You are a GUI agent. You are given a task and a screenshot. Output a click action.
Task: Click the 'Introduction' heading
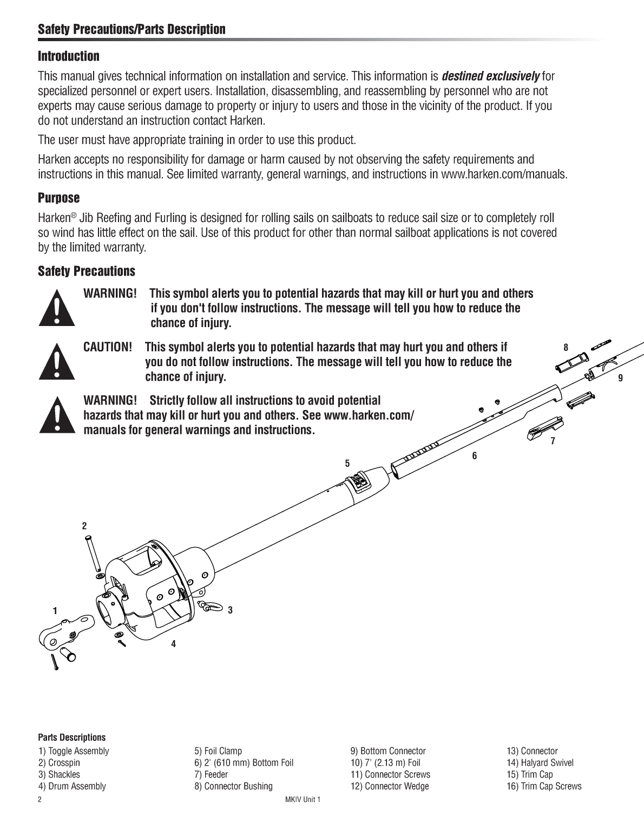69,56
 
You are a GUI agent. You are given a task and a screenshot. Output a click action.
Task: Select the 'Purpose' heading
58,198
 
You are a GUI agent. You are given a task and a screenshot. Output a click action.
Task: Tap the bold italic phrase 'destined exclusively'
490,76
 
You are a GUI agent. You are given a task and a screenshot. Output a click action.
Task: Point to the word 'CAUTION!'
108,347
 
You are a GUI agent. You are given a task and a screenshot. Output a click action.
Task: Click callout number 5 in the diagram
347,463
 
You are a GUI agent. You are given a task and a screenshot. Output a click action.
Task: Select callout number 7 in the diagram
553,441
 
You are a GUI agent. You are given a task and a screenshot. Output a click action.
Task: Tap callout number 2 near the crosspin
84,525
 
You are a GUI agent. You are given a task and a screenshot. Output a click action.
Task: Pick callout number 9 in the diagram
621,378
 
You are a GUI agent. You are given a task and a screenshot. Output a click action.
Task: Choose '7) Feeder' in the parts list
211,774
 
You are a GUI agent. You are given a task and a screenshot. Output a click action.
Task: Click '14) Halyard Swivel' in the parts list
540,763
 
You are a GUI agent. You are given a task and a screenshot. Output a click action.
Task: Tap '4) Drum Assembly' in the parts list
72,786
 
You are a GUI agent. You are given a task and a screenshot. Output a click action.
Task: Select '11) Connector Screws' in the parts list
390,774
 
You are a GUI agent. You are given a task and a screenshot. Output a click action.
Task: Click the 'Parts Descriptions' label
72,737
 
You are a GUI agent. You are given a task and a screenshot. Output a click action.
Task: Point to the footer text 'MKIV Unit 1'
302,799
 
